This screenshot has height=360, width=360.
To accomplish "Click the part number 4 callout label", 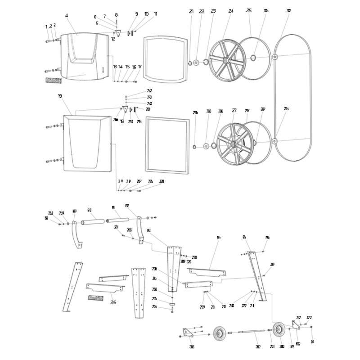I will pyautogui.click(x=67, y=16).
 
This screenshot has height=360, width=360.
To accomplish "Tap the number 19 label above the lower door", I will pyautogui.click(x=60, y=96).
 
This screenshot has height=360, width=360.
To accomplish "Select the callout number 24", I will pyautogui.click(x=231, y=11).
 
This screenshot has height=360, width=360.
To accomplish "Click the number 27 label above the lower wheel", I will pyautogui.click(x=234, y=110).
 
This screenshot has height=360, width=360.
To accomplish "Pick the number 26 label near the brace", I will pyautogui.click(x=113, y=302).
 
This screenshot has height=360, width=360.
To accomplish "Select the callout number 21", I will pyautogui.click(x=191, y=11).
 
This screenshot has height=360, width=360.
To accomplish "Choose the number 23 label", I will pyautogui.click(x=213, y=11).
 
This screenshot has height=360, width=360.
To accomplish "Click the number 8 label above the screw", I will pyautogui.click(x=116, y=15).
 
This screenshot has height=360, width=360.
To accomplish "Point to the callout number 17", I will pyautogui.click(x=140, y=67).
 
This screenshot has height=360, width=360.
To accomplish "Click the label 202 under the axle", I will pyautogui.click(x=258, y=346).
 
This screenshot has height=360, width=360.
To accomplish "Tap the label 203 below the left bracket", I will pyautogui.click(x=192, y=347).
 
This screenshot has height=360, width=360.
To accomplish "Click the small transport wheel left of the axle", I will pyautogui.click(x=220, y=333).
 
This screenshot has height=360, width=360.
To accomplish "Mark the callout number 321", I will pyautogui.click(x=116, y=227).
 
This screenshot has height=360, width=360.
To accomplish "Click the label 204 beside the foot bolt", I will pyautogui.click(x=154, y=307).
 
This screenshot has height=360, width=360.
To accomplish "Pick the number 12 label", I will pyautogui.click(x=113, y=39).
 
